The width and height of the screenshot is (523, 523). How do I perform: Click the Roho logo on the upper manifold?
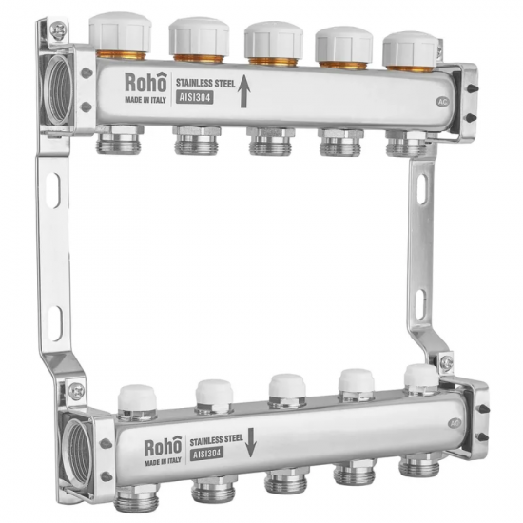(145, 83)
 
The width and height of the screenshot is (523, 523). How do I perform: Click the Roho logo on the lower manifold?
(164, 447)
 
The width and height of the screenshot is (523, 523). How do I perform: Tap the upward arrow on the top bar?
(243, 91)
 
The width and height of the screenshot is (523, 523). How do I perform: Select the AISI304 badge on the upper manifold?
(194, 98)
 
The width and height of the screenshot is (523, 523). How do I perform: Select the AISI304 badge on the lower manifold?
(206, 455)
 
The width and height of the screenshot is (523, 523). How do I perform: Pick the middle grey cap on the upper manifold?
(274, 40)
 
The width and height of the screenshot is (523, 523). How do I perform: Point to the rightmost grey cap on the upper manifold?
(410, 48)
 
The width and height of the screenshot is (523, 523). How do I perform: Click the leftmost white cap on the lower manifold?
(137, 397)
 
